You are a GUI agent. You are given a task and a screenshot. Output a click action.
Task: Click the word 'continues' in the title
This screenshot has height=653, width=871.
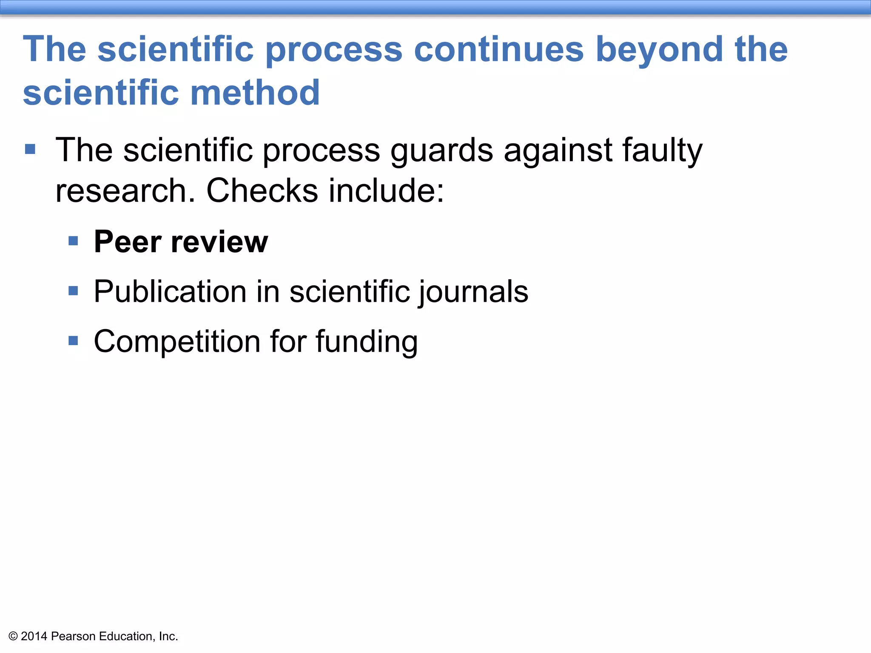point(499,49)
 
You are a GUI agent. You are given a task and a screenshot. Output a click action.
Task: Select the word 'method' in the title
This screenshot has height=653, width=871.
point(255,92)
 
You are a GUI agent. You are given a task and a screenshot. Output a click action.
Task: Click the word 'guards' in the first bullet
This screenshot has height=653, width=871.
point(442,150)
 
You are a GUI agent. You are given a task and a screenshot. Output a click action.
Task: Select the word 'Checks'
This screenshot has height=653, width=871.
point(262,190)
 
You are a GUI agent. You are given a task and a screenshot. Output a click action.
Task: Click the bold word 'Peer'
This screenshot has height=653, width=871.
point(127,241)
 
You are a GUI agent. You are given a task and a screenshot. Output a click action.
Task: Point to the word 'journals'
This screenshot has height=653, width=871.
point(473,292)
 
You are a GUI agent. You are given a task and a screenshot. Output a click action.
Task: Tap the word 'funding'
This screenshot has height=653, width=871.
point(367,342)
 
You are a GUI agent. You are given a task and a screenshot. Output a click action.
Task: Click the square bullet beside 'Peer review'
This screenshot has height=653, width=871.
point(73,241)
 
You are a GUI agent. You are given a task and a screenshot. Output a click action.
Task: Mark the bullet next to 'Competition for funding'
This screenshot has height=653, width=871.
point(73,341)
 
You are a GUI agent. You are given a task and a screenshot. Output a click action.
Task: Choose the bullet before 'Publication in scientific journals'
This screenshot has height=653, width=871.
point(73,291)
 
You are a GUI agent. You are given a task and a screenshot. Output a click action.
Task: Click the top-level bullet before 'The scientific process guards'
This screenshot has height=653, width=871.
point(30,149)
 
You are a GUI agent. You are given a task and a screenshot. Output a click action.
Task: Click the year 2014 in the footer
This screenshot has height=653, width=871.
point(34,636)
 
